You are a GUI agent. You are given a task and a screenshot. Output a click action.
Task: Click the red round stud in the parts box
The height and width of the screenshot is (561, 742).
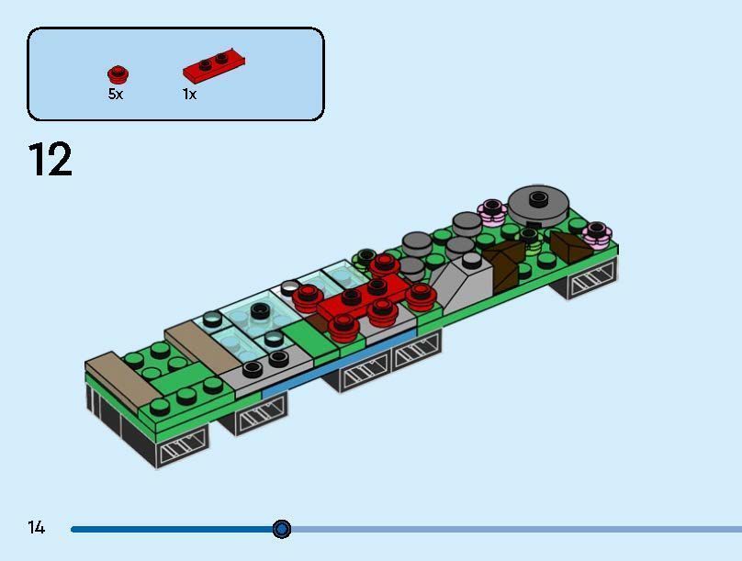(117, 74)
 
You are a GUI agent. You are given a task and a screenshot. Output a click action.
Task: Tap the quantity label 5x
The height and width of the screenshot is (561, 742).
(115, 95)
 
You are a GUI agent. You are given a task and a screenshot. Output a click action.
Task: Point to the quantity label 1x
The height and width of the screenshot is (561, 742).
(189, 95)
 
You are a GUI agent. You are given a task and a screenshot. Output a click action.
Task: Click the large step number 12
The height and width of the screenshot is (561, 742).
(50, 161)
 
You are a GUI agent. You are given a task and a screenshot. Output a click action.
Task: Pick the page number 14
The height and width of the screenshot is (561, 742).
(36, 528)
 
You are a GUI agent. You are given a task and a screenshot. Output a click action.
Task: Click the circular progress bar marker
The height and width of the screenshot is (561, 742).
(282, 529)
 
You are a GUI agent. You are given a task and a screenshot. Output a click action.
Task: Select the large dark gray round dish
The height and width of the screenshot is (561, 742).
(538, 203)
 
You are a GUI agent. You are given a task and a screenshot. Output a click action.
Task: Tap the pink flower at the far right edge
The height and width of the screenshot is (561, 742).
(597, 233)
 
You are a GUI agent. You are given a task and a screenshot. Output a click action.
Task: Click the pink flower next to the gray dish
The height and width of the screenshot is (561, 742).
(492, 212)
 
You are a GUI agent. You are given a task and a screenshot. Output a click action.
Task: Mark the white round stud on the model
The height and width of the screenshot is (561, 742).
(289, 286)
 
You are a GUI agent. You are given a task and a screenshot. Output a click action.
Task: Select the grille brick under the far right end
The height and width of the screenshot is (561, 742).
(589, 284)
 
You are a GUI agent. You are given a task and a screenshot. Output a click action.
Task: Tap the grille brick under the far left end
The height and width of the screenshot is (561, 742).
(182, 451)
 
